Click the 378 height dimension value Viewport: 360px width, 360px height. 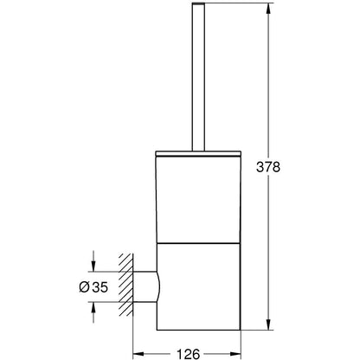(268, 167)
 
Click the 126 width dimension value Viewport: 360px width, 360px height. (188, 354)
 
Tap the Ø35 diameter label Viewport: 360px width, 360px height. (93, 287)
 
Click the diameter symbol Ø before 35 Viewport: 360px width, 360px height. (84, 287)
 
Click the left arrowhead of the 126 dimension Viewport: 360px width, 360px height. (138, 353)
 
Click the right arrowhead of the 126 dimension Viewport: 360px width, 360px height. (235, 353)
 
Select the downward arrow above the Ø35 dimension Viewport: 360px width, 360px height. (93, 261)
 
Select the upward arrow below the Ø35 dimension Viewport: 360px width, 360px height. (93, 312)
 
